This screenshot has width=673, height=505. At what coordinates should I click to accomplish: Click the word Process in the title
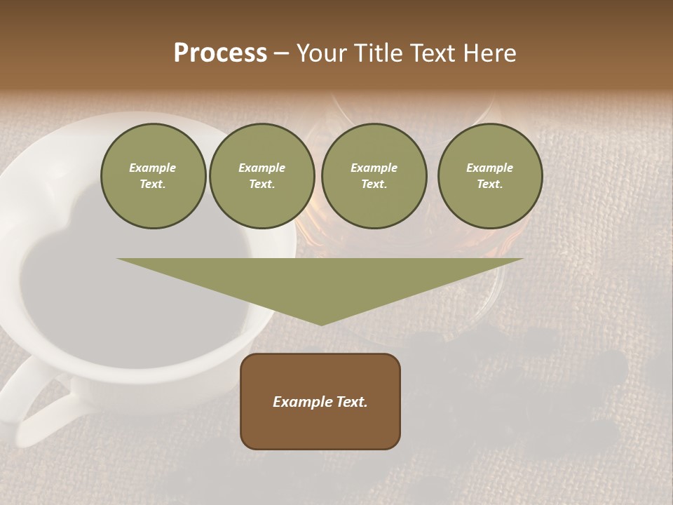coord(220,53)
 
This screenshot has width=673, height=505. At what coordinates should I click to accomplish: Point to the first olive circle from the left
coord(153,176)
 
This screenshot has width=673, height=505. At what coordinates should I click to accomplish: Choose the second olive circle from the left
coord(261,176)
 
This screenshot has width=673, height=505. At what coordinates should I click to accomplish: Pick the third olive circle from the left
coord(374,176)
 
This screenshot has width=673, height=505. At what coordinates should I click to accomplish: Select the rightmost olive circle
coord(490,176)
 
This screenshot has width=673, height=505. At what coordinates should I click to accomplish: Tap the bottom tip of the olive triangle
coord(321,323)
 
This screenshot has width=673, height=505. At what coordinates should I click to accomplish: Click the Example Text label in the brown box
coord(320,402)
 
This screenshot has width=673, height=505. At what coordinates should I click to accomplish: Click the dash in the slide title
coord(282,53)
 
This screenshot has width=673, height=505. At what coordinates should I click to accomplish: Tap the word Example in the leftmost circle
coord(153,168)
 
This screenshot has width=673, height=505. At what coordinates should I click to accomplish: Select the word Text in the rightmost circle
coord(490,184)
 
